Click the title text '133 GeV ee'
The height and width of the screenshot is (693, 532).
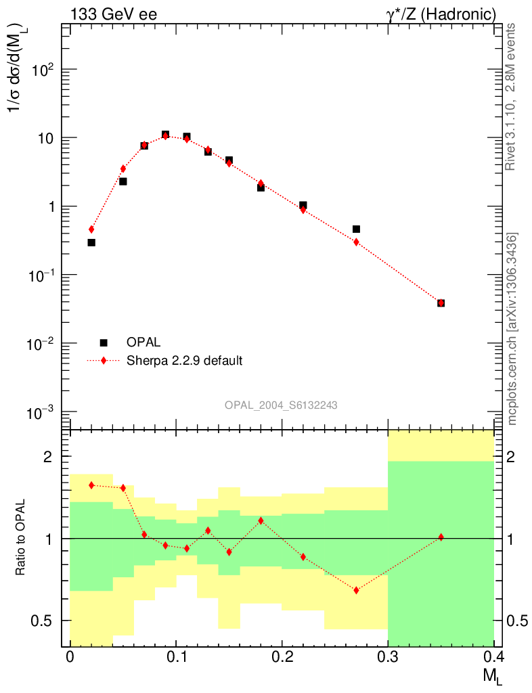[x=113, y=13]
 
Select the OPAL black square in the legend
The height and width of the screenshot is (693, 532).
[x=104, y=342]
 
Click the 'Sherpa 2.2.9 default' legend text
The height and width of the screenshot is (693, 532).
[x=184, y=360]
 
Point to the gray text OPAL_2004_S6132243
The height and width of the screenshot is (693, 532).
[x=281, y=405]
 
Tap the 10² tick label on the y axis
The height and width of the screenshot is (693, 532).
[x=43, y=70]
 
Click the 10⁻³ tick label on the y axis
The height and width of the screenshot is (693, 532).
[x=42, y=413]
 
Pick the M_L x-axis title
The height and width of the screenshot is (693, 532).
[x=492, y=675]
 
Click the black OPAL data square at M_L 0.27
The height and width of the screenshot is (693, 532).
[x=356, y=229]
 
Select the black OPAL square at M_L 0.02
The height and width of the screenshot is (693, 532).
[x=91, y=242]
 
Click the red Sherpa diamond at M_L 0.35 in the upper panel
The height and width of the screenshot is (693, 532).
[x=441, y=303]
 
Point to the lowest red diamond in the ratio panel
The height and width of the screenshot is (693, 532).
[x=356, y=590]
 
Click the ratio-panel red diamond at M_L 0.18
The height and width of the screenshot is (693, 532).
[x=261, y=520]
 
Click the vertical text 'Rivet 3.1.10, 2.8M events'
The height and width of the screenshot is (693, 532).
[x=512, y=97]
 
